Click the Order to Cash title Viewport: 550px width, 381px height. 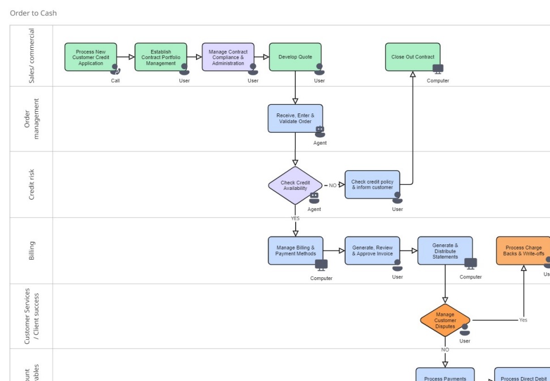(33, 13)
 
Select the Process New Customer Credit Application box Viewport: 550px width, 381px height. (91, 57)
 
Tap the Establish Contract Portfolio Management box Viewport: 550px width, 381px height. (161, 57)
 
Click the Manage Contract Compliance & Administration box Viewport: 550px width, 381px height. (228, 57)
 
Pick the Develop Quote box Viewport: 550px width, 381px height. (295, 57)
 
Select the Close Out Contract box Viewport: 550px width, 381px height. (412, 57)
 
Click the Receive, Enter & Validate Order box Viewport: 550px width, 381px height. (295, 118)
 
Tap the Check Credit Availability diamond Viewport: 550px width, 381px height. (295, 185)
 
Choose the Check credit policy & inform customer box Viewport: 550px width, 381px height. (372, 185)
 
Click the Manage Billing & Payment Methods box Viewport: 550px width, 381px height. (295, 251)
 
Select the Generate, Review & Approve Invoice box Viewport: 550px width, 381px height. (372, 251)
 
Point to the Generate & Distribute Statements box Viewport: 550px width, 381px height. (445, 251)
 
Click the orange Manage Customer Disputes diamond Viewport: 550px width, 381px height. (445, 320)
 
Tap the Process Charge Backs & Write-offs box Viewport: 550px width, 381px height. (523, 251)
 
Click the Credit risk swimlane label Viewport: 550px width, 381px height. (32, 184)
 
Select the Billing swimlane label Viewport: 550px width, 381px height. (32, 251)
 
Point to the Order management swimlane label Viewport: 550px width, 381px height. (32, 118)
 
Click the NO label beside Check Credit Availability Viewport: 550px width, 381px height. (332, 185)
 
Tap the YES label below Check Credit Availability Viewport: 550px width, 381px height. (295, 218)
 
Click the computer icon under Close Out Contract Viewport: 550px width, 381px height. (438, 69)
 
